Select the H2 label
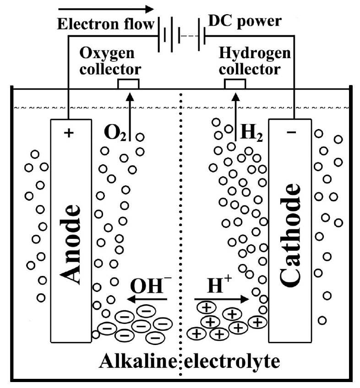point(251,132)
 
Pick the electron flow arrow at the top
point(105,9)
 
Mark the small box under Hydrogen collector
point(235,84)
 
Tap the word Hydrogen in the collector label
point(255,54)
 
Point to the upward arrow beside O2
point(130,114)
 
